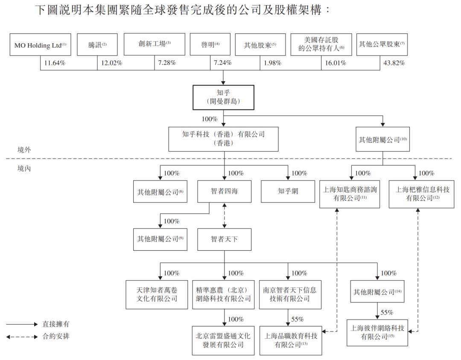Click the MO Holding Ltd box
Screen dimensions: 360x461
40,45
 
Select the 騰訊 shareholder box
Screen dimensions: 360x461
97,45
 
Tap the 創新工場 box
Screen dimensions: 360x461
155,44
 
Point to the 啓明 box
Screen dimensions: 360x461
210,45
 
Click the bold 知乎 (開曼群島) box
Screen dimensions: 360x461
223,97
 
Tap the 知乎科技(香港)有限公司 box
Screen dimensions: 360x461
223,139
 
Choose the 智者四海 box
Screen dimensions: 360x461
224,192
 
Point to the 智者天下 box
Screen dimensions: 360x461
224,239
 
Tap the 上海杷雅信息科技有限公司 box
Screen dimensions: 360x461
421,194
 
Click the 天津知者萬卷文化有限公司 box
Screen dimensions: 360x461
156,294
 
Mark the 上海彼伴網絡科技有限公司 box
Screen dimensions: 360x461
377,332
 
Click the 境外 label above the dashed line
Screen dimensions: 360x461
24,150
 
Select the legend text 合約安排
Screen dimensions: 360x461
55,337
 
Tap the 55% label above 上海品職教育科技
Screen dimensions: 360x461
298,319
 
